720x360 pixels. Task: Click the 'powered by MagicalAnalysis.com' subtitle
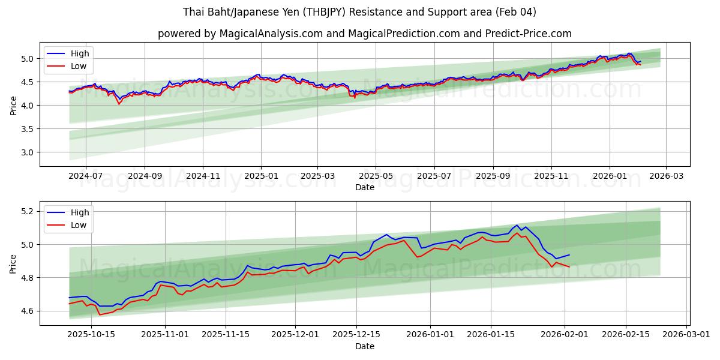point(364,34)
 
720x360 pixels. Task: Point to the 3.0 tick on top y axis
point(28,152)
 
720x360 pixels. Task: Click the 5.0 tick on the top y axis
point(28,59)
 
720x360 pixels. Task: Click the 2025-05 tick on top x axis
point(376,176)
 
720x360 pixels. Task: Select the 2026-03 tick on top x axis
point(666,176)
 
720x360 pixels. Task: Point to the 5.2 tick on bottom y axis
point(28,211)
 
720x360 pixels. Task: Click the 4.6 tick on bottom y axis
point(28,311)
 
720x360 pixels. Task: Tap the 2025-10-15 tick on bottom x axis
point(91,335)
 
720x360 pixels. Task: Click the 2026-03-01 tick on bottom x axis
point(687,335)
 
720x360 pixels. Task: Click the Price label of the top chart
point(13,106)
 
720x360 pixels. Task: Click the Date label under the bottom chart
point(364,346)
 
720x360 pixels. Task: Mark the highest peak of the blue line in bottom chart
point(517,225)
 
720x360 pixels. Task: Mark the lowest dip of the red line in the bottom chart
point(100,314)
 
